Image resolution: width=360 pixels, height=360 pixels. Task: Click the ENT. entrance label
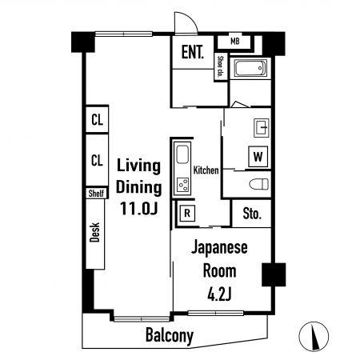coord(193,52)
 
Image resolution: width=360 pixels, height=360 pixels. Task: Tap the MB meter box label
coord(234,42)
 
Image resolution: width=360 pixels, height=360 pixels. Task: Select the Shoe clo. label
coord(221,66)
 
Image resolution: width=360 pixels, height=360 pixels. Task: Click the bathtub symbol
coord(250,68)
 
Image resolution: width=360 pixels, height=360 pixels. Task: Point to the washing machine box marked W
coord(258,157)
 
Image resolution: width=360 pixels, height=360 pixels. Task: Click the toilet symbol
coord(258,184)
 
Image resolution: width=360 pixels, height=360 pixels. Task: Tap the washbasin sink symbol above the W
coord(261,128)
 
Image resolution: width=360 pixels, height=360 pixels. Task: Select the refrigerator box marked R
coord(187,214)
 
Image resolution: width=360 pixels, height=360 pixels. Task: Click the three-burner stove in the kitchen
coord(183,185)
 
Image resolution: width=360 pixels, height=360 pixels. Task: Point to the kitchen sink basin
coord(182,154)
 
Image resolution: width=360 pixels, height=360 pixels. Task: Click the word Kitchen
coord(206,170)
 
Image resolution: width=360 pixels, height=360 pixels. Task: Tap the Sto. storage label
coord(252,214)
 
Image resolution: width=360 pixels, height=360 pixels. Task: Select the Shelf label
coord(97,193)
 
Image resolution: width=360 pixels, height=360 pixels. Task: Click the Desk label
coord(94,232)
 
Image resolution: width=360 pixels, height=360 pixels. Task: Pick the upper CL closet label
coord(97,120)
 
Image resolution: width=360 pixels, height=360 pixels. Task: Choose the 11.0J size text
coord(138,208)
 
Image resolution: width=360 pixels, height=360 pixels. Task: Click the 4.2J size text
coord(219,294)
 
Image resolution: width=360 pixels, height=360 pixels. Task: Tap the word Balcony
coord(170,335)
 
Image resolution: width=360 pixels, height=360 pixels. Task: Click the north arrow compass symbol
coord(314,336)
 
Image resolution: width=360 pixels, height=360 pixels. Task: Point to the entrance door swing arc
coord(190,18)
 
